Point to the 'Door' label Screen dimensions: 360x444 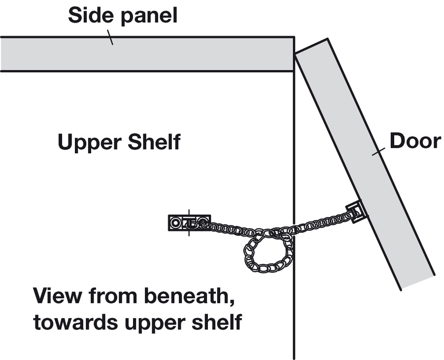[415, 142]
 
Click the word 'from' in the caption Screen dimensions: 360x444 [109, 297]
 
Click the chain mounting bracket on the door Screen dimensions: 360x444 [357, 211]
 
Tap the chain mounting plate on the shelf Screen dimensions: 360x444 [189, 223]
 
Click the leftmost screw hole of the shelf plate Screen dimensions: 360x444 [175, 223]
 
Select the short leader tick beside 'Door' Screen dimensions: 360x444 [378, 153]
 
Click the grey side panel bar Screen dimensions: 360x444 [148, 54]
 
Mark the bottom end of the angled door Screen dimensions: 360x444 [417, 281]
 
